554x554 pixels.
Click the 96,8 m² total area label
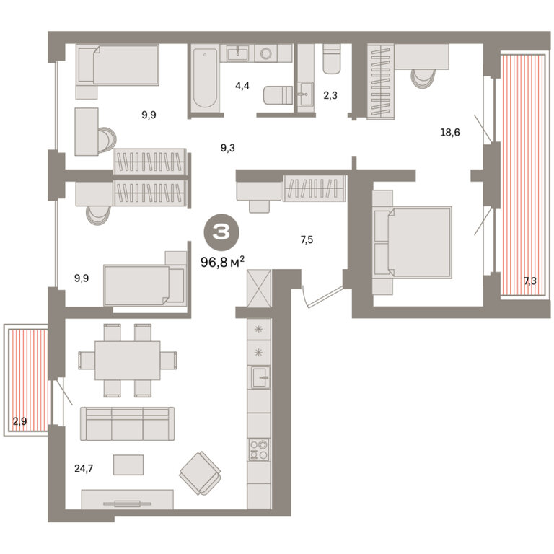click(x=222, y=262)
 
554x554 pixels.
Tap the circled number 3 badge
click(x=221, y=232)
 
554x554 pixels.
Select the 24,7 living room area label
click(x=84, y=468)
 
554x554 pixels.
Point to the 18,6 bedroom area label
click(x=450, y=133)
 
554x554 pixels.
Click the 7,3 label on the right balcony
click(x=530, y=281)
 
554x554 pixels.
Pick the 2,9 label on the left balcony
click(x=19, y=421)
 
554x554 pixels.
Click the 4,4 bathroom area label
click(x=242, y=86)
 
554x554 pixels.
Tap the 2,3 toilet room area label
click(x=330, y=95)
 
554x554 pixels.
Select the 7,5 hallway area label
click(x=307, y=240)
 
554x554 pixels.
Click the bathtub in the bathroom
click(x=205, y=78)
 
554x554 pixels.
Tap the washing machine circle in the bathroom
click(x=265, y=53)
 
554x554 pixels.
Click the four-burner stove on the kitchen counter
click(x=259, y=449)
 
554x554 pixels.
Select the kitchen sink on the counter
click(x=260, y=377)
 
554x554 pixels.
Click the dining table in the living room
click(x=127, y=361)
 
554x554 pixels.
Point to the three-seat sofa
click(x=127, y=423)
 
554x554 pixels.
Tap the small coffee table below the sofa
click(x=128, y=465)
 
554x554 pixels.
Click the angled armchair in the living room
click(x=201, y=473)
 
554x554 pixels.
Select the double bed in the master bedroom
click(x=413, y=242)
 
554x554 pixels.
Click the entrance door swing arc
click(x=305, y=297)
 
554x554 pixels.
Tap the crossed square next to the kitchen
click(x=259, y=289)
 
